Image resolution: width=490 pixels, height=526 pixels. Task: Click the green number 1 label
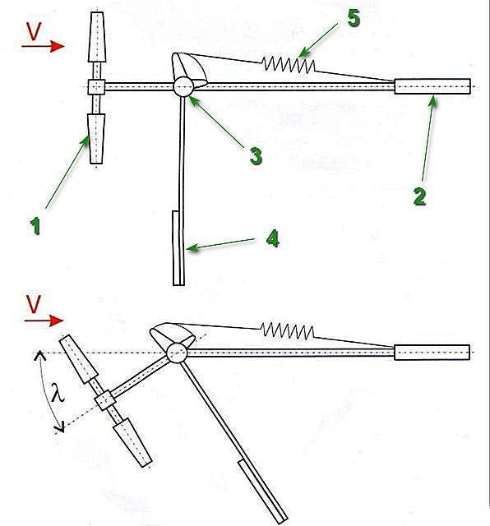point(35,226)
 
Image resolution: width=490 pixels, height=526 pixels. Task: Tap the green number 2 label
point(419,196)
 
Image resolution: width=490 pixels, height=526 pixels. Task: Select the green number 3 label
point(256,156)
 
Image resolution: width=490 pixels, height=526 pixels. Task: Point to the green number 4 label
point(272,238)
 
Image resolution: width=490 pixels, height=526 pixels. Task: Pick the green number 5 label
point(354,18)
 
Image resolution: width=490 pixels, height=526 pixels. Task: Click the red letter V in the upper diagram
point(34,31)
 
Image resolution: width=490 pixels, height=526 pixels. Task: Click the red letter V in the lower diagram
point(33,304)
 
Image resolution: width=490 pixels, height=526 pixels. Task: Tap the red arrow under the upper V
point(43,46)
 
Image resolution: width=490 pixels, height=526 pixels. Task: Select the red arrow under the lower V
point(44,321)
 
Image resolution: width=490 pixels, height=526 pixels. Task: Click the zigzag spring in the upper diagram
point(289,64)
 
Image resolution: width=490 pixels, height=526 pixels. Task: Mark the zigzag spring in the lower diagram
point(288,330)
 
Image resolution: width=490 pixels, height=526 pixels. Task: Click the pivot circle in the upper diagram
point(183,86)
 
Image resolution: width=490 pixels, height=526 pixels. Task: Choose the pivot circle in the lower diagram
point(177,353)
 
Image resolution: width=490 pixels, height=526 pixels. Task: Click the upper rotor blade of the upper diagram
point(97,37)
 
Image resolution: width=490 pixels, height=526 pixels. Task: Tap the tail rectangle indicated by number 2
point(432,86)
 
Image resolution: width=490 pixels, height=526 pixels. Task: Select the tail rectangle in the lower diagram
point(432,353)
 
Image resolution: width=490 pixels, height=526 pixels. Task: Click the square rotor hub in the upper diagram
point(97,87)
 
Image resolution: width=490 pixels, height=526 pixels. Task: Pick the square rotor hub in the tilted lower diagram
point(104,400)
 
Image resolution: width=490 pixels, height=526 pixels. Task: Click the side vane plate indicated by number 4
point(178,248)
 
